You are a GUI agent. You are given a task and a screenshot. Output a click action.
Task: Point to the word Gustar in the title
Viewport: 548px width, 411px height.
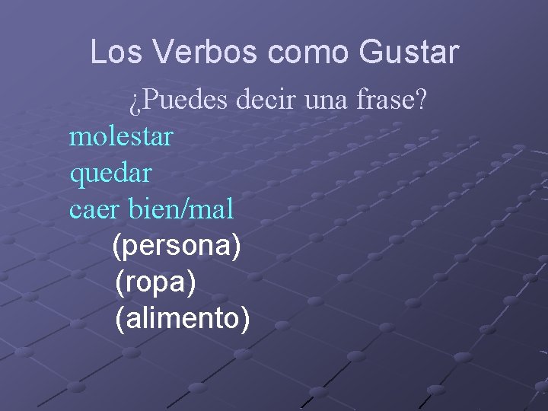[x=408, y=53]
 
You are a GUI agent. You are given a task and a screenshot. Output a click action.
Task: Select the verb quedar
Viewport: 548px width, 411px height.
[x=110, y=174]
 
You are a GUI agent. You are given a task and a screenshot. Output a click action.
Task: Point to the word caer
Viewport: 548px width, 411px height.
[x=94, y=209]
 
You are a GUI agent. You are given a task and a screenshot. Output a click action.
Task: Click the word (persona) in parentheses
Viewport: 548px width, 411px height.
[x=177, y=246]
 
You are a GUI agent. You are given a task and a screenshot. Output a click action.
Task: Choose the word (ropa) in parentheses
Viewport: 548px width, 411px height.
[x=156, y=282]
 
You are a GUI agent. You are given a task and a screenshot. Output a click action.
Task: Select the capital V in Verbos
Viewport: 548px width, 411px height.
[x=162, y=53]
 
